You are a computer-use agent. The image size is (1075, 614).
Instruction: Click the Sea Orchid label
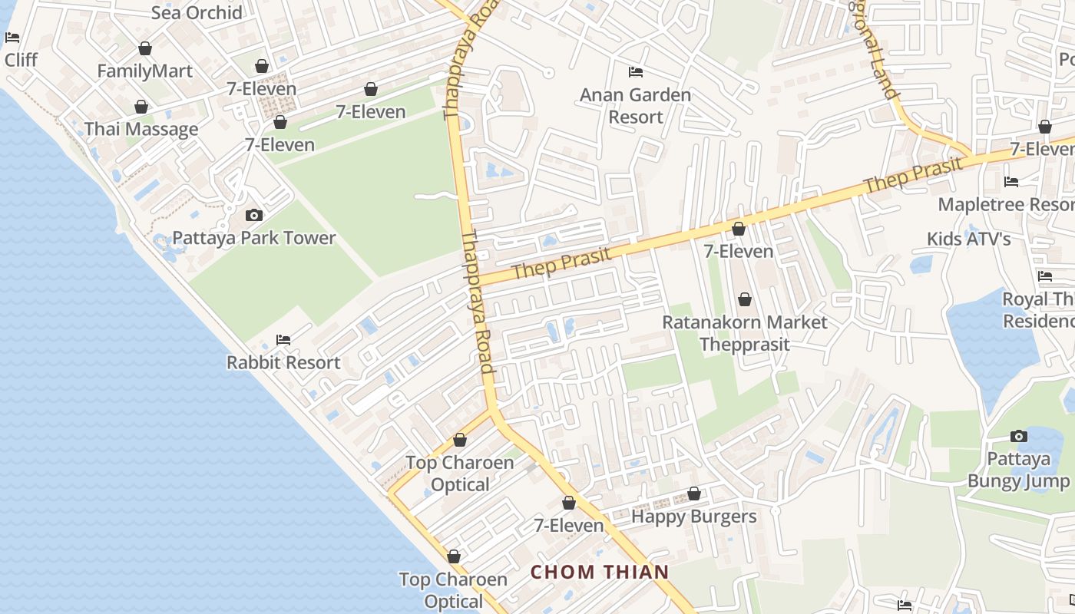[197, 12]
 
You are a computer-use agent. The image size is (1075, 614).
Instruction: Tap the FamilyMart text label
[144, 71]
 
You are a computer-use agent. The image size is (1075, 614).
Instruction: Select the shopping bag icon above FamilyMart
[145, 49]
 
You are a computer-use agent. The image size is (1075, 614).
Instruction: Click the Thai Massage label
[141, 129]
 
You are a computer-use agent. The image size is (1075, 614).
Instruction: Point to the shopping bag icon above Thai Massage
[141, 107]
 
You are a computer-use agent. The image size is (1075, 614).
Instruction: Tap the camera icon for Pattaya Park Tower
[254, 215]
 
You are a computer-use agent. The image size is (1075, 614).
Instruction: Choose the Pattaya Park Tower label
[254, 238]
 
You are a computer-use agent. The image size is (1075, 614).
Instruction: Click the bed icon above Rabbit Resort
[283, 340]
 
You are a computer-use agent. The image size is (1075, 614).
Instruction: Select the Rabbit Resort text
[283, 362]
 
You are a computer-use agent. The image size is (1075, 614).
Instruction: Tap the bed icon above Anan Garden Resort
[636, 72]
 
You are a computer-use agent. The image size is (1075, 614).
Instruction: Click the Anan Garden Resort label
[636, 106]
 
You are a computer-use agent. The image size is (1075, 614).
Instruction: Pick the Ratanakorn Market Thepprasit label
[745, 333]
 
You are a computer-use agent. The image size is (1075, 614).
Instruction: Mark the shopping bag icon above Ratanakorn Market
[744, 299]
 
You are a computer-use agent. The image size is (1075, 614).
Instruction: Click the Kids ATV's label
[968, 239]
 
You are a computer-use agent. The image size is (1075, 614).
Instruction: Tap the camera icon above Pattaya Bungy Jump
[1019, 436]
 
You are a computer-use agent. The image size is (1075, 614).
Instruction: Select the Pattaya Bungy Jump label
[1019, 470]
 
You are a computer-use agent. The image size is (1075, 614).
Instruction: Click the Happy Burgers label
[694, 517]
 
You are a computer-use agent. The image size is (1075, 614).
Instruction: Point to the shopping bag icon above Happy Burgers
[694, 494]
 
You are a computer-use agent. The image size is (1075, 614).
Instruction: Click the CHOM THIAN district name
[600, 572]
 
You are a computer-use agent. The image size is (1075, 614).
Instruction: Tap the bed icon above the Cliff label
[12, 37]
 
